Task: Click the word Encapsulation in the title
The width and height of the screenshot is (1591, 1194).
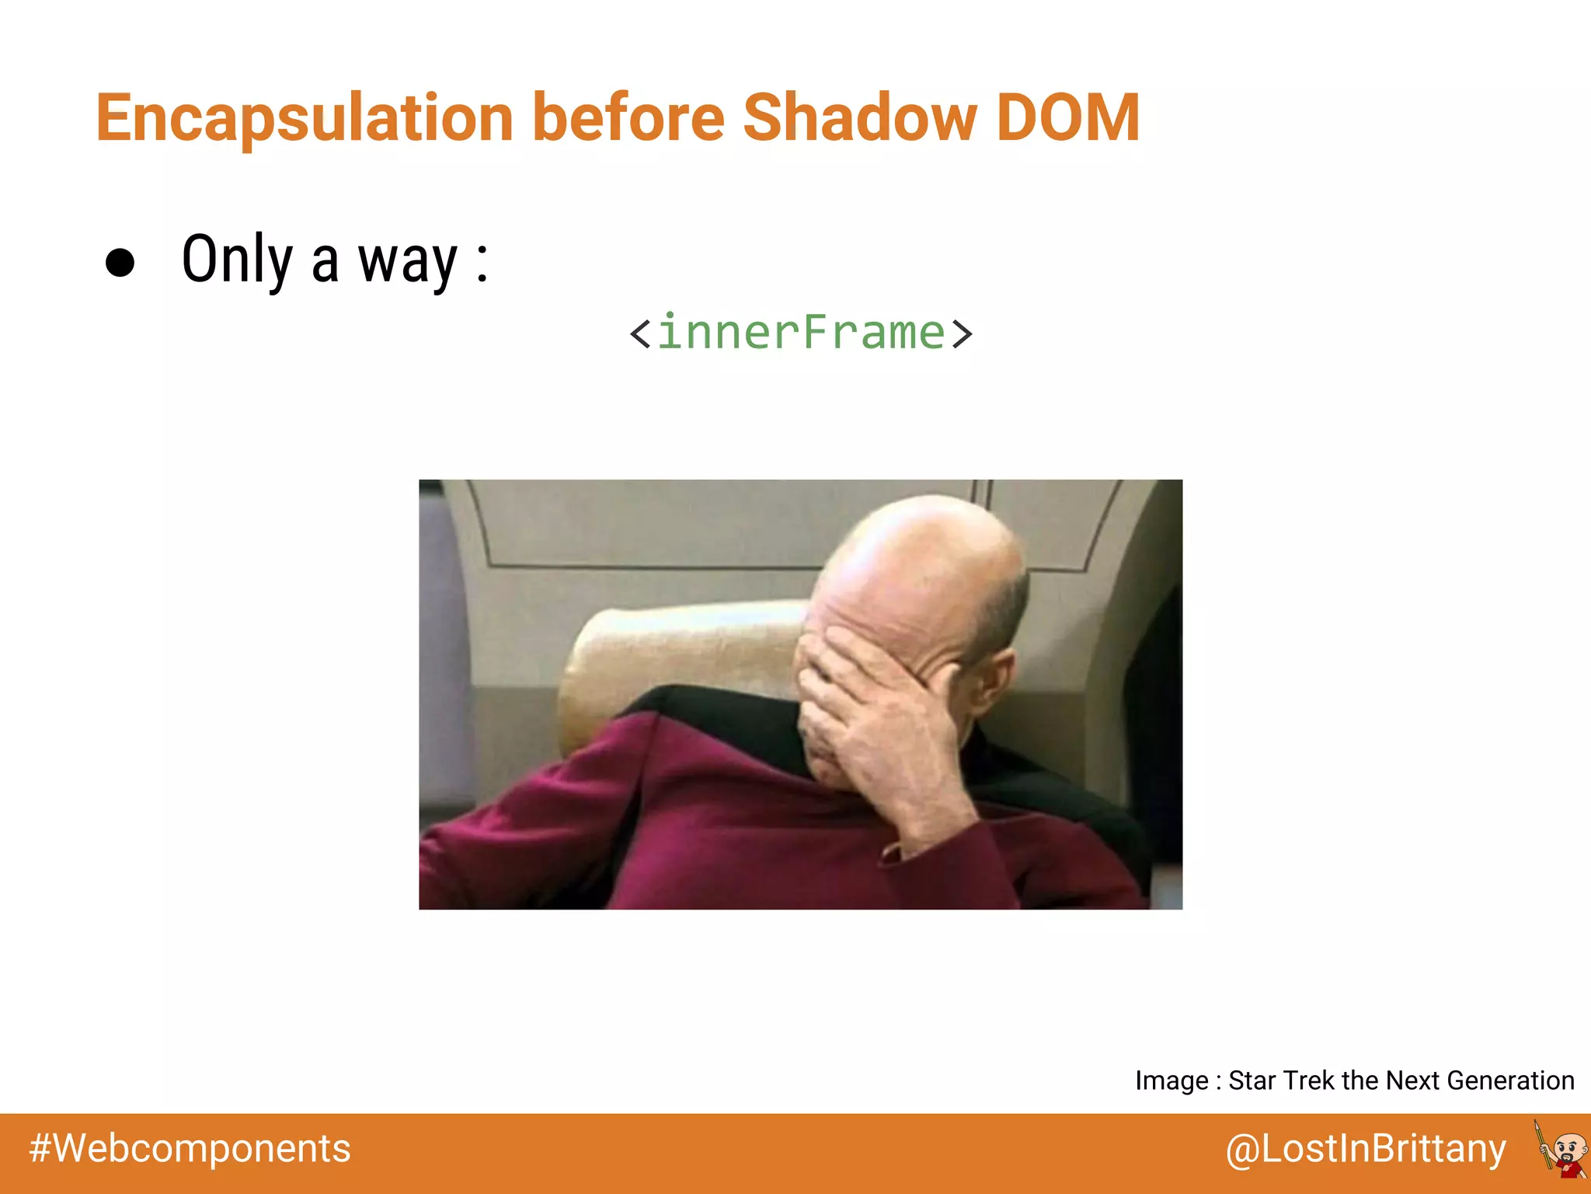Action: tap(305, 118)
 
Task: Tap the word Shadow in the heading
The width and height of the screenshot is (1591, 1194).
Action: tap(859, 118)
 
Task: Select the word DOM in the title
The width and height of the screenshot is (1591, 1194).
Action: tap(1067, 118)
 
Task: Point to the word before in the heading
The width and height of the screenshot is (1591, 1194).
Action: tap(628, 118)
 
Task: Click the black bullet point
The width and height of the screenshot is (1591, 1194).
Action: tap(120, 263)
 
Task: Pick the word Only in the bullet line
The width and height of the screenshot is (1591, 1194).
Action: tap(237, 260)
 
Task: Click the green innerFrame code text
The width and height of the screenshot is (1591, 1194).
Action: tap(801, 333)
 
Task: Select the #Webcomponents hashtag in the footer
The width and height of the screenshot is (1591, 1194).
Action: tap(190, 1149)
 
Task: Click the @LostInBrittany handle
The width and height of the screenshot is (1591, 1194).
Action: tap(1366, 1149)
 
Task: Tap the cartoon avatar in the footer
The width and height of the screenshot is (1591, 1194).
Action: tap(1563, 1149)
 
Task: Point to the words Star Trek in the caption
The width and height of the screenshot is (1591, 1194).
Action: tap(1282, 1081)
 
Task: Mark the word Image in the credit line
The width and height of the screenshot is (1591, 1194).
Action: tap(1171, 1081)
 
